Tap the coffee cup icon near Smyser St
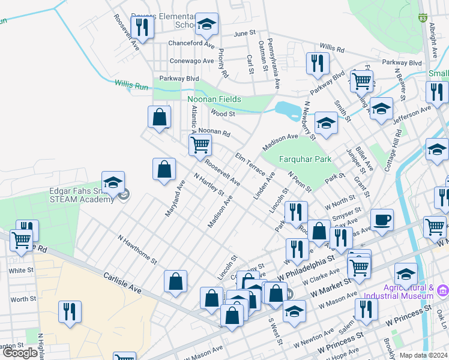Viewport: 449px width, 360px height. pos(381,220)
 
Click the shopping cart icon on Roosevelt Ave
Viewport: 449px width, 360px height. pos(199,144)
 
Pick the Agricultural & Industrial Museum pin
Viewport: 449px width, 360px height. pos(443,290)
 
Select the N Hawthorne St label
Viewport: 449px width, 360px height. pos(137,251)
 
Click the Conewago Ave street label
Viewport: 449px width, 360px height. pos(191,61)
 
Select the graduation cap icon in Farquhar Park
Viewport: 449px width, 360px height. pos(325,122)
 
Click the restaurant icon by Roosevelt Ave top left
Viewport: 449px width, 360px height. pos(142,26)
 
